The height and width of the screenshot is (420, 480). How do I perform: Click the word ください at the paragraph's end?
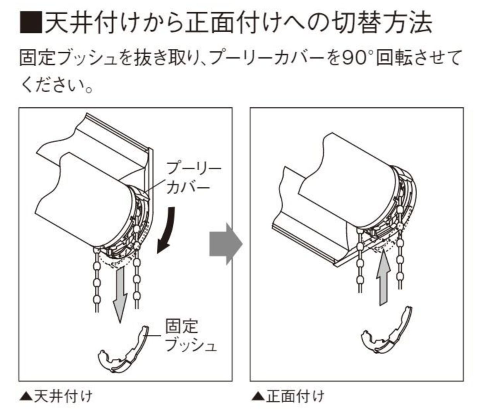pyautogui.click(x=50, y=85)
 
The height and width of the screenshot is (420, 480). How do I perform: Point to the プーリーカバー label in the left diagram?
pyautogui.click(x=194, y=178)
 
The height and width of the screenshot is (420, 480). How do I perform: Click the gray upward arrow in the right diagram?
pyautogui.click(x=382, y=277)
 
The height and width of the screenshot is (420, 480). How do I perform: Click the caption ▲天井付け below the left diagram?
pyautogui.click(x=56, y=397)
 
